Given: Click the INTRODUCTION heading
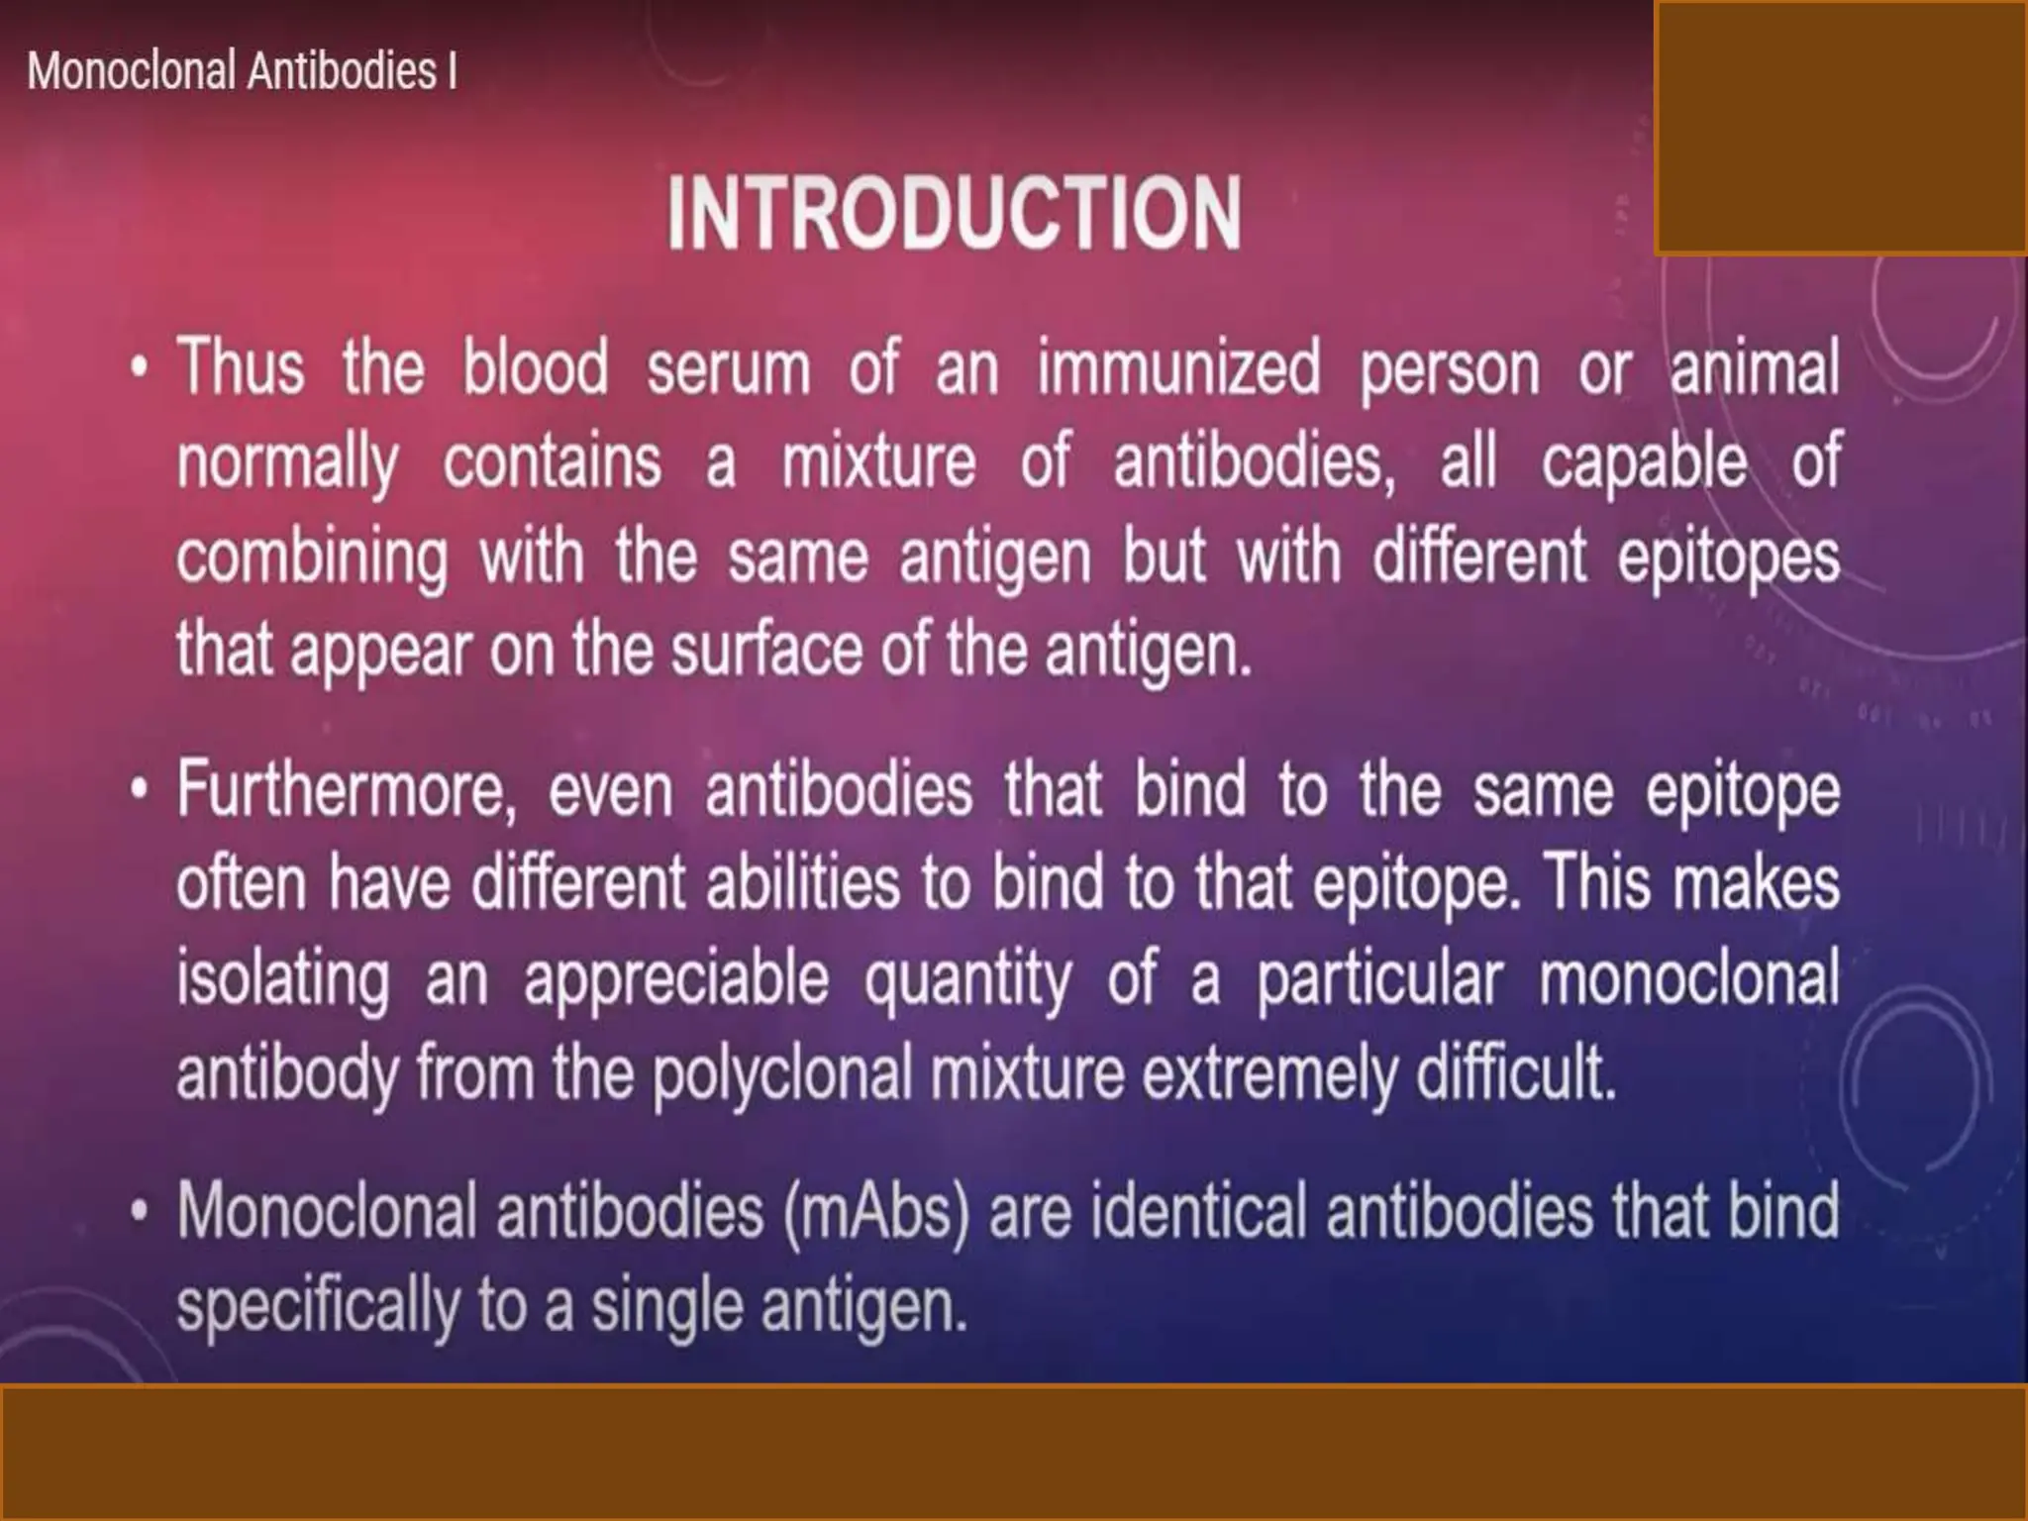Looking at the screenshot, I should [954, 213].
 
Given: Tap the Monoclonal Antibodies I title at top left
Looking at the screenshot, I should [242, 71].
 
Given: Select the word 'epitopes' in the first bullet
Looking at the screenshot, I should [1729, 557].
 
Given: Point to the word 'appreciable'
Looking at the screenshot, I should [675, 978].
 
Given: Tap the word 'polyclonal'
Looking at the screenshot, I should [781, 1072].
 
